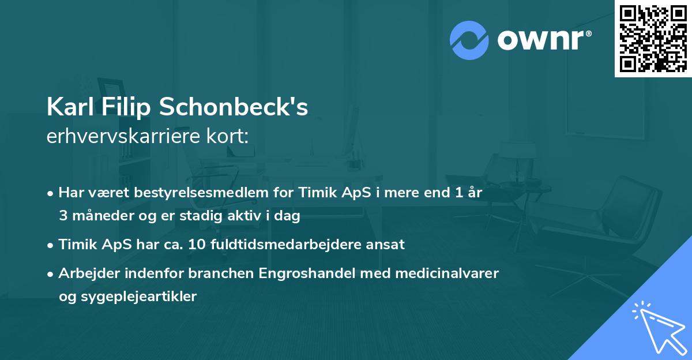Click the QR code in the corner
653,39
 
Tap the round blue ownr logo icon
469,40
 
